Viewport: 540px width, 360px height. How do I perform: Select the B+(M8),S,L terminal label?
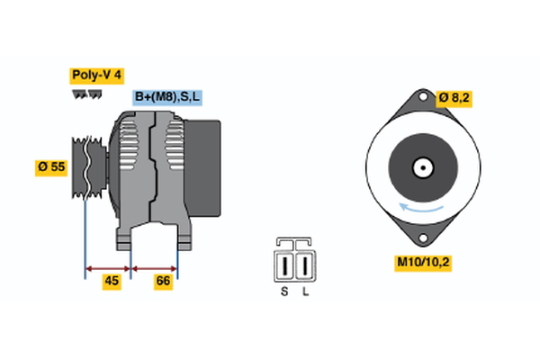click(169, 96)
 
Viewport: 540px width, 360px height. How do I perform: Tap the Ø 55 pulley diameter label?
click(51, 167)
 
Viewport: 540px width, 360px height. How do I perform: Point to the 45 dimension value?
click(112, 282)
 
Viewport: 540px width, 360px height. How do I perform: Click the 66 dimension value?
click(163, 282)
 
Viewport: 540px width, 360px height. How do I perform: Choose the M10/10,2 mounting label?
click(422, 263)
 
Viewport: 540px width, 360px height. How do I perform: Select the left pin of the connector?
click(285, 266)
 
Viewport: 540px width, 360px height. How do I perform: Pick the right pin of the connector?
click(306, 266)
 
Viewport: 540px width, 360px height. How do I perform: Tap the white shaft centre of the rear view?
click(421, 166)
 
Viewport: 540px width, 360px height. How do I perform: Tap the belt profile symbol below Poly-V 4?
click(86, 94)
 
